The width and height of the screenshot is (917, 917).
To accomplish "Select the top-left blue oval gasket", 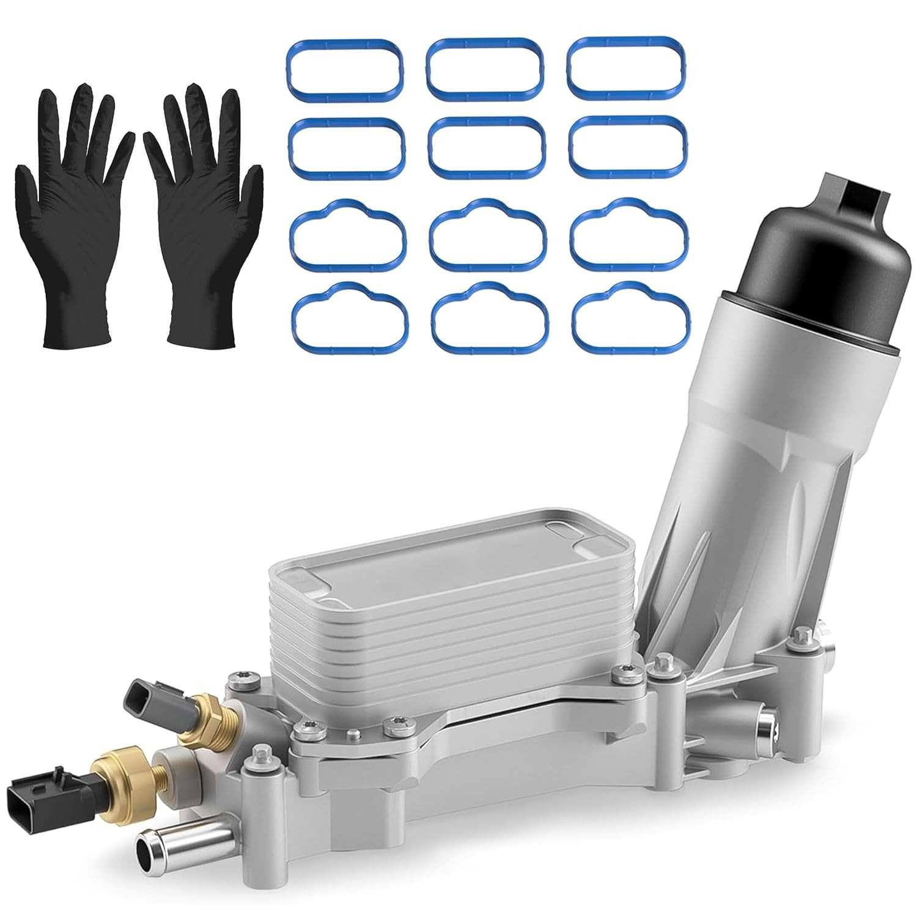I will coord(344,69).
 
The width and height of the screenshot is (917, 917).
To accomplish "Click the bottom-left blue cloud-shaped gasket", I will coord(350,319).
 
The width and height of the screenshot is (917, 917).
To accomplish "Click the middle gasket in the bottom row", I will coord(490,317).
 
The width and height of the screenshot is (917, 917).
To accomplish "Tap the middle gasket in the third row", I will coord(488,235).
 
